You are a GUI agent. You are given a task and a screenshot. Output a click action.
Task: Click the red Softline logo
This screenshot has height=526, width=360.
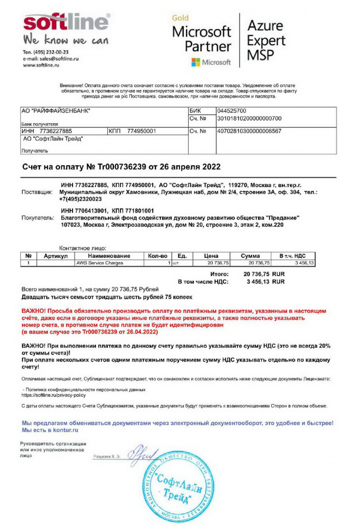66,23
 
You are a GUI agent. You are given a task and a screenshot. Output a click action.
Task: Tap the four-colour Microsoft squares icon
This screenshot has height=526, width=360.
195,62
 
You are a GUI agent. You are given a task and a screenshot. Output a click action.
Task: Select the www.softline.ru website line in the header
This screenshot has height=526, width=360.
44,65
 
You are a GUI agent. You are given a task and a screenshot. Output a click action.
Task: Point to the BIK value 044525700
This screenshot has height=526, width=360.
235,111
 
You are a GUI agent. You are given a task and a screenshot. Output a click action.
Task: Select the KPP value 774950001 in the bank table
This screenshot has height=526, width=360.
142,131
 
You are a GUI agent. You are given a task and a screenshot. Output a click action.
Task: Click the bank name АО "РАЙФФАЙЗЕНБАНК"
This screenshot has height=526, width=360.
56,111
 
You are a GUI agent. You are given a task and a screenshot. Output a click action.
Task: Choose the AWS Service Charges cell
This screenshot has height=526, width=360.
100,263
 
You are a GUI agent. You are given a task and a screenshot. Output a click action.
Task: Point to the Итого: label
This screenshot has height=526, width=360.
219,274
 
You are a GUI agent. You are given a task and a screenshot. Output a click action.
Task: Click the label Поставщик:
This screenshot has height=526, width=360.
37,192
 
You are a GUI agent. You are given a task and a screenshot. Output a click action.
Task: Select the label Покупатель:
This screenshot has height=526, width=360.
37,217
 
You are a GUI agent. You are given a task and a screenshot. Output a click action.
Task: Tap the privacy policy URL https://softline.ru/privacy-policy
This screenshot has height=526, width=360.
54,395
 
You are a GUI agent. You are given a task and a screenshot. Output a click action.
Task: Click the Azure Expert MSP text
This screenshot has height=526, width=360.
266,40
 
